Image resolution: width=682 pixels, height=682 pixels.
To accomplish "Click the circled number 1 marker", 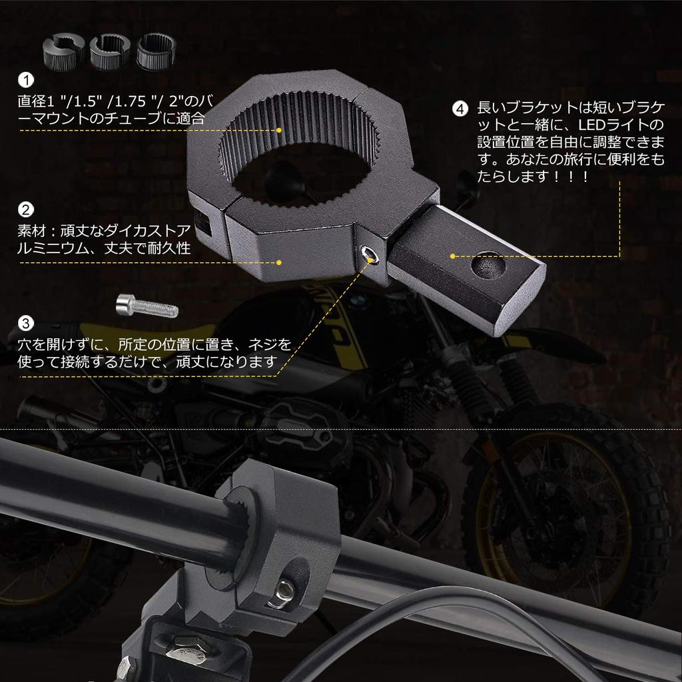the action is point(26,80).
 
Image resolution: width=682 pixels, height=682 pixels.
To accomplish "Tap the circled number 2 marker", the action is point(26,210).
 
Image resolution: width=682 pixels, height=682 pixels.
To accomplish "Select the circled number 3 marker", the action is point(26,323).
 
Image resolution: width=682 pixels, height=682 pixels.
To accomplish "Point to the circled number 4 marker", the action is point(460,109).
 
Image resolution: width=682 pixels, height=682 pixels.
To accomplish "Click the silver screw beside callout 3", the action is point(147,306).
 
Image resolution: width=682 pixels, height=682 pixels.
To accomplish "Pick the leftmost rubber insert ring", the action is point(63,52).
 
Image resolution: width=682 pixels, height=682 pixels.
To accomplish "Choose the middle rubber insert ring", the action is point(110,52).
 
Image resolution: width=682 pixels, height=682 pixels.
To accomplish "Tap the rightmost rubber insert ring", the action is point(157,52).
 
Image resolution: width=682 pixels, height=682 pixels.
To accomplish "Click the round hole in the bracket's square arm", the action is point(488,265).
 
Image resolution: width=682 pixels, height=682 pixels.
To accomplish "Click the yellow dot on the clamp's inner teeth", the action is point(279,130).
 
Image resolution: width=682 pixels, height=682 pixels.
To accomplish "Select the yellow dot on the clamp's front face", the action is point(279,262).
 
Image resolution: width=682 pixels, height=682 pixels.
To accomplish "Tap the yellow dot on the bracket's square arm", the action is point(453,256).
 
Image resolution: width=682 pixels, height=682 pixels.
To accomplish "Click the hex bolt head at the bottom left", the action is point(188,650).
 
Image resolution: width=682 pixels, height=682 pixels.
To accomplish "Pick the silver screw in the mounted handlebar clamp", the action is point(282,593).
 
